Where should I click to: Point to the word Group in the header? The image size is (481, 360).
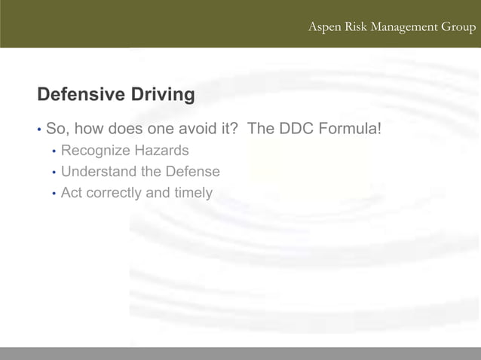(458, 27)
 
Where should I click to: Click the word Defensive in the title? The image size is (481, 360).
(81, 95)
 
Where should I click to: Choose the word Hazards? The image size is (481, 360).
(163, 151)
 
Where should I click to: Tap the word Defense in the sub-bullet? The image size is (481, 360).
(192, 172)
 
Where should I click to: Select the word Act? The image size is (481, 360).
(72, 193)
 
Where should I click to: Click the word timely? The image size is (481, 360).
(193, 193)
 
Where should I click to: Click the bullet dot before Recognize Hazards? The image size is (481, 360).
(54, 151)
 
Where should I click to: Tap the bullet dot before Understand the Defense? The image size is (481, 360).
(54, 172)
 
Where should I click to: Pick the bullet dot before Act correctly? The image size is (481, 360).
(54, 194)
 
